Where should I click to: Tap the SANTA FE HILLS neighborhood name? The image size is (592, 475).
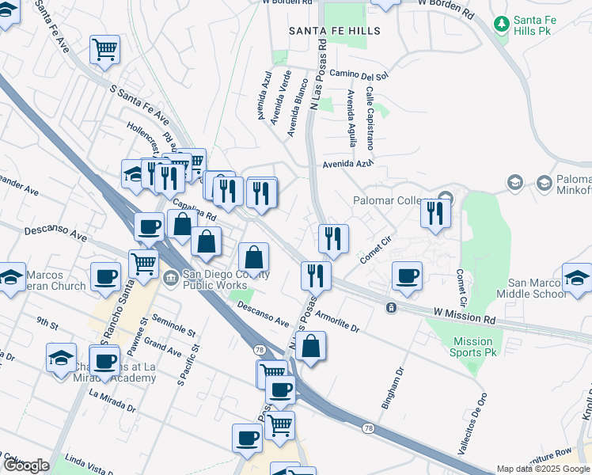coord(335,31)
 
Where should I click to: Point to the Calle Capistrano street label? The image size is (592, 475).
coord(370,119)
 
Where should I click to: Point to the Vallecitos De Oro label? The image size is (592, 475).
coord(470,424)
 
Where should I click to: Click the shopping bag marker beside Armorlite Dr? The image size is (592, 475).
coord(312,346)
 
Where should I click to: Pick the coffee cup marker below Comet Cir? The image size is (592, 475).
coord(407,275)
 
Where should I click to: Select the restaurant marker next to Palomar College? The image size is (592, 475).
coord(435,213)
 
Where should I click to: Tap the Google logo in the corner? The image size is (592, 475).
coord(26,465)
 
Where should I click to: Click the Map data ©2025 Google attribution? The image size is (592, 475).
coord(543,469)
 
